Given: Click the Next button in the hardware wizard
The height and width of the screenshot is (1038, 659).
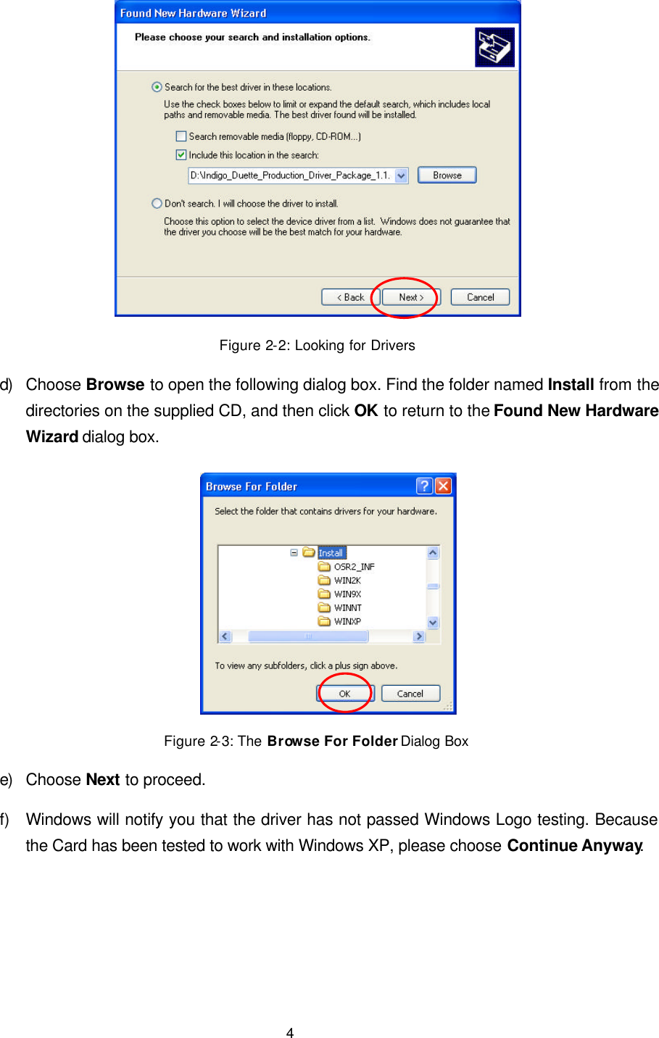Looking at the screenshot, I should pyautogui.click(x=410, y=297).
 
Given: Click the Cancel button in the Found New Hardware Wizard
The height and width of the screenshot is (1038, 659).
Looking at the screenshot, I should pyautogui.click(x=480, y=297).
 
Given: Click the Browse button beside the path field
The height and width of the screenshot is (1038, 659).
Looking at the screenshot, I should pyautogui.click(x=447, y=175).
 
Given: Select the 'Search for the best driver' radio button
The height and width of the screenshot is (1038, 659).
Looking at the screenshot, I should pyautogui.click(x=157, y=87).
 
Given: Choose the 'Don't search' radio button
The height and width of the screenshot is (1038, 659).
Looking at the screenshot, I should pyautogui.click(x=157, y=204).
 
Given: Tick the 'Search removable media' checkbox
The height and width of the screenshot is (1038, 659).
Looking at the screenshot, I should pyautogui.click(x=181, y=136).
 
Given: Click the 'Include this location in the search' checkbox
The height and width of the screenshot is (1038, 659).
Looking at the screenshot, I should pyautogui.click(x=181, y=155).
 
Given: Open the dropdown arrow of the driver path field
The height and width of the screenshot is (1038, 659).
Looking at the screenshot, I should pyautogui.click(x=402, y=175).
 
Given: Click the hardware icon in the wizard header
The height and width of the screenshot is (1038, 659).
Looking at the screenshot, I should pyautogui.click(x=494, y=47).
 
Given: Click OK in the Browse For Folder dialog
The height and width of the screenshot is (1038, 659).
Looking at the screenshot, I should pyautogui.click(x=344, y=694).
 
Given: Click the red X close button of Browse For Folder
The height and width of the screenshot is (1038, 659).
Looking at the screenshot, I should pyautogui.click(x=443, y=486).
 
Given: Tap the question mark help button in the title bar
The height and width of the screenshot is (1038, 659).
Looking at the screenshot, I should pyautogui.click(x=425, y=486).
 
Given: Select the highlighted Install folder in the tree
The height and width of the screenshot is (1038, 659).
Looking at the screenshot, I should pyautogui.click(x=331, y=553).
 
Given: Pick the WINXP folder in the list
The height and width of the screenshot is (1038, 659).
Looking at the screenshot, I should pyautogui.click(x=347, y=621).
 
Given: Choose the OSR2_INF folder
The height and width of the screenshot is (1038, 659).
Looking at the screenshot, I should pyautogui.click(x=354, y=567).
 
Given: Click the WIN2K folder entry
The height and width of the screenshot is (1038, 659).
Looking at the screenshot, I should pyautogui.click(x=347, y=581).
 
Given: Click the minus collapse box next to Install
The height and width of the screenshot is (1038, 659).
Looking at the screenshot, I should pyautogui.click(x=294, y=552).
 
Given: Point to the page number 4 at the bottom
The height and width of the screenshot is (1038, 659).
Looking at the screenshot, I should pyautogui.click(x=290, y=1033).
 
